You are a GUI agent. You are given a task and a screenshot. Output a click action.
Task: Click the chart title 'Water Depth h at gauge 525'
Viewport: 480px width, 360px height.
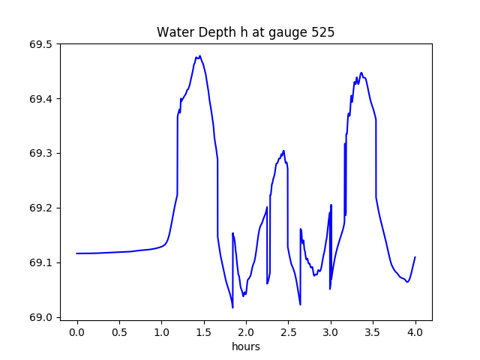pyautogui.click(x=245, y=33)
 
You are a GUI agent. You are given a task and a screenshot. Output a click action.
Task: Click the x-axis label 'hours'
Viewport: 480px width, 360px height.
pyautogui.click(x=245, y=347)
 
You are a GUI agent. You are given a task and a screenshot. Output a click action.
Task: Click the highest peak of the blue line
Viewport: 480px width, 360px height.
pyautogui.click(x=199, y=56)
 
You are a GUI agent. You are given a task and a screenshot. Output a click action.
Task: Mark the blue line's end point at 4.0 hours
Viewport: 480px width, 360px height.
pyautogui.click(x=415, y=257)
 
